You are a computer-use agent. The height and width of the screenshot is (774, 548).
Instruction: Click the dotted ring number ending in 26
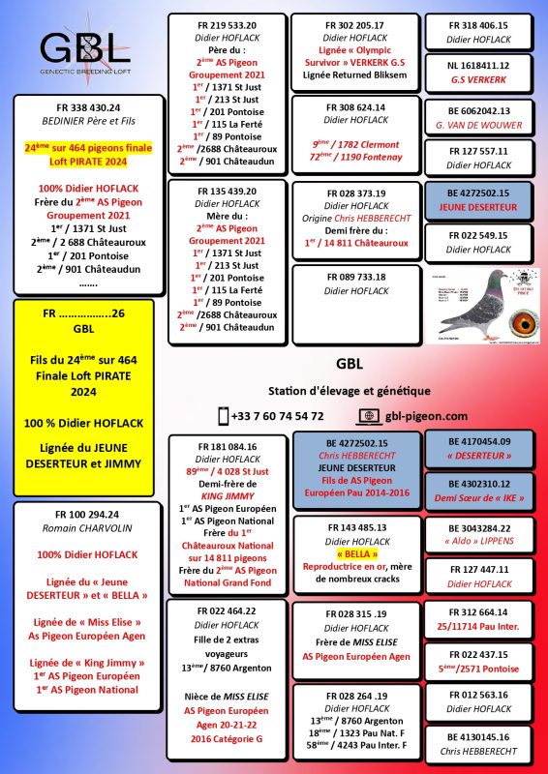pos(84,314)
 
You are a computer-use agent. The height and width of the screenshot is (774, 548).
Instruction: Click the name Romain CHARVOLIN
pos(82,529)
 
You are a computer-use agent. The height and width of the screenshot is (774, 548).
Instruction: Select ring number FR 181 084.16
pos(228,447)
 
